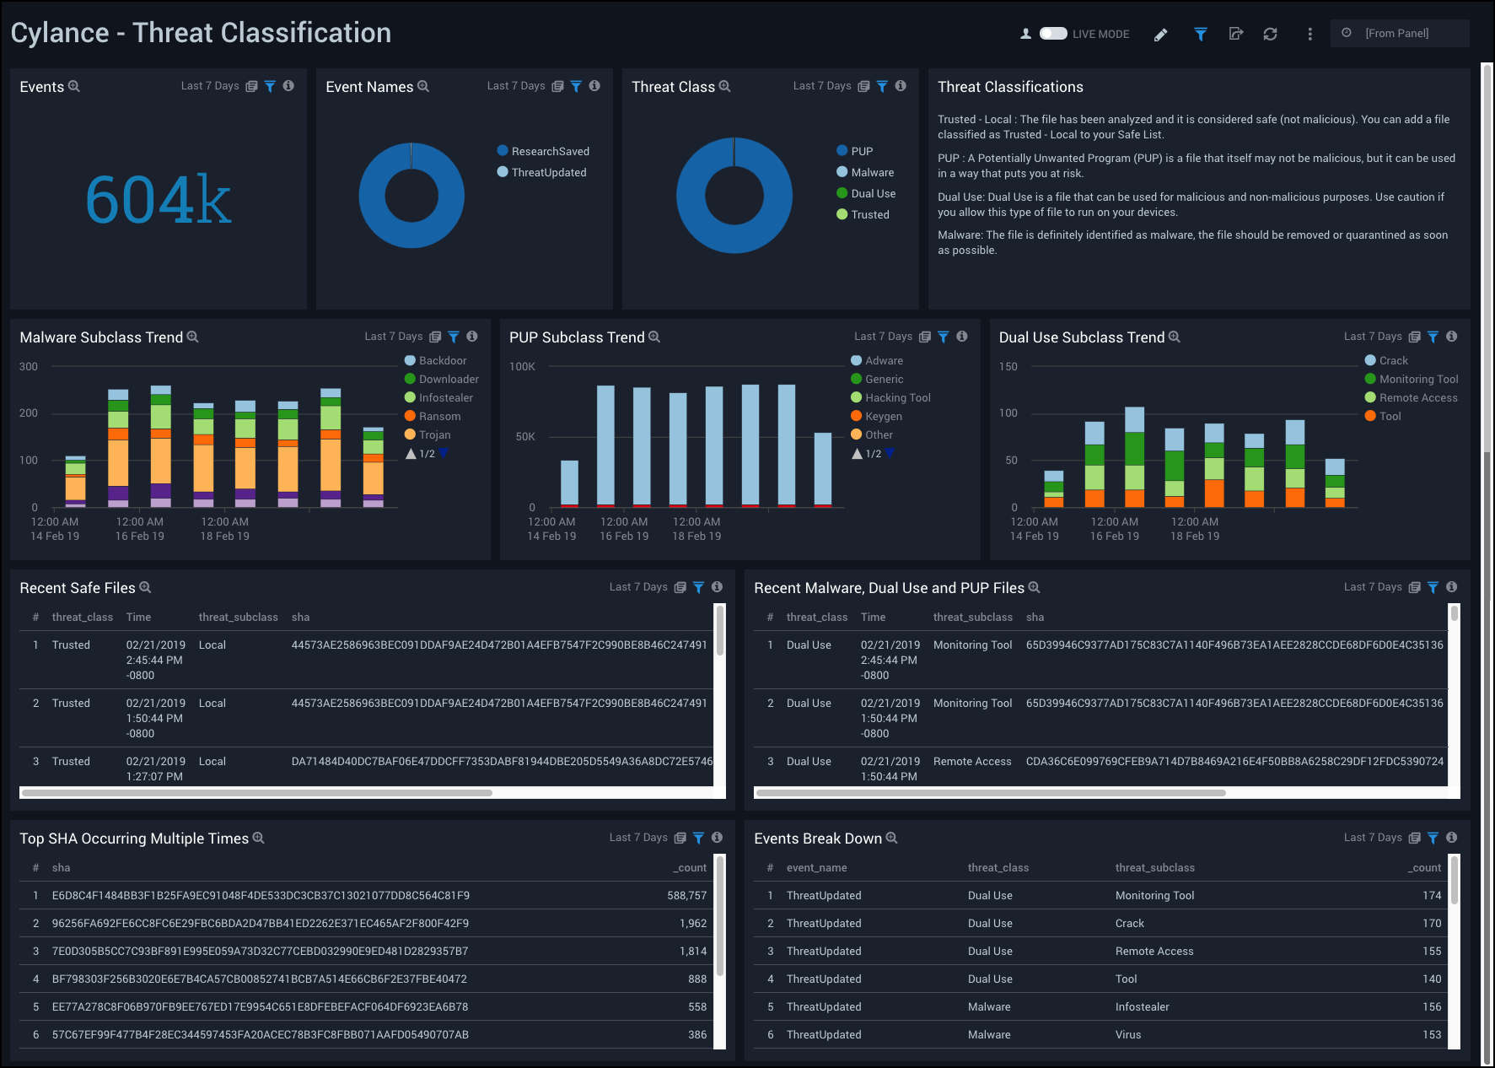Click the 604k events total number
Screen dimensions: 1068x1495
pos(158,200)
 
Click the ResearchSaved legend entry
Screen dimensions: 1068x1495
pos(550,151)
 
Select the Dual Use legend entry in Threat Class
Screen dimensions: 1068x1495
pos(873,193)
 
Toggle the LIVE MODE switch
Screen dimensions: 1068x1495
pos(1053,34)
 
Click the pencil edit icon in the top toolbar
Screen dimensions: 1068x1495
pos(1161,35)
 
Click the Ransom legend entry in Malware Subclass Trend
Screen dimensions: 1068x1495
pos(439,416)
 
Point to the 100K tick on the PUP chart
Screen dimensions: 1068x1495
pos(522,366)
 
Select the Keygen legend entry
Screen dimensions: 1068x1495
pos(883,416)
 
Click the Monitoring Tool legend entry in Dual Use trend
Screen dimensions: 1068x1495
pos(1418,379)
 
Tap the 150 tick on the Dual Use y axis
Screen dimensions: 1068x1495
pos(1008,366)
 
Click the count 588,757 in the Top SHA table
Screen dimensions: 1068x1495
pos(686,895)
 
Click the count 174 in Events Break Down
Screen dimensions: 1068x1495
pos(1431,895)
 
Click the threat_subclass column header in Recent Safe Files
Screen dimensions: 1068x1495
pos(238,617)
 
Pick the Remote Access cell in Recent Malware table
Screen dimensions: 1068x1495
pos(971,761)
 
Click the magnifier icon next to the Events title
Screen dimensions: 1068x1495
pos(74,86)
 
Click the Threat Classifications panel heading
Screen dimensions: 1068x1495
pos(1010,87)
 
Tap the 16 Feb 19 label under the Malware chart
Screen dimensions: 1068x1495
pos(140,536)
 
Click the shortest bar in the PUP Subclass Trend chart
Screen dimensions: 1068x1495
pos(569,483)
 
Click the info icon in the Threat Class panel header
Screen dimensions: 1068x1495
pos(901,86)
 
